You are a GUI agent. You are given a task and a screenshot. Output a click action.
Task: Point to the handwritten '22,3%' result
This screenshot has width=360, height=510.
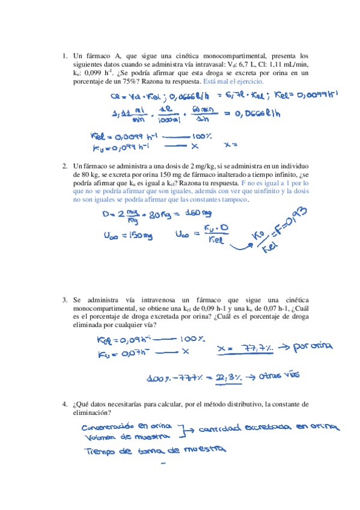[231, 377]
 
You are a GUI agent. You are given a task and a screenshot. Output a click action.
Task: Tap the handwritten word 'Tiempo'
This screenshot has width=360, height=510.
[100, 450]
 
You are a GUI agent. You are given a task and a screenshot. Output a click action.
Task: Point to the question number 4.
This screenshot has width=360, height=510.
[64, 404]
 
